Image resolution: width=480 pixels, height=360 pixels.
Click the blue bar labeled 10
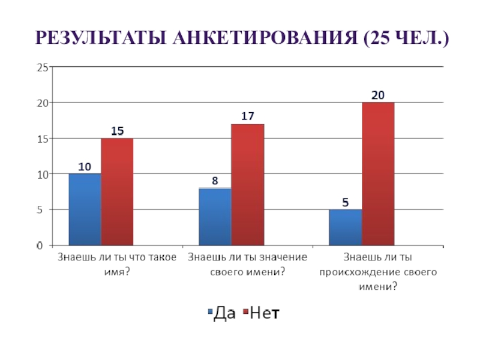[85, 209]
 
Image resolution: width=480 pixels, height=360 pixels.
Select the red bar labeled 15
[117, 191]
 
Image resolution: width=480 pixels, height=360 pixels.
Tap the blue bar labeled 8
[215, 217]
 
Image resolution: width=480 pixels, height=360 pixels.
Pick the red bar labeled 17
[247, 184]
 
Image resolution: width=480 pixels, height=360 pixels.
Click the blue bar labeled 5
[345, 227]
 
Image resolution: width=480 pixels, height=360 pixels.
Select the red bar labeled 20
[378, 174]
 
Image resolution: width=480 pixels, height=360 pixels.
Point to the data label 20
[378, 95]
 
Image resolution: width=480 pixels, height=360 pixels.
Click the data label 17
[248, 116]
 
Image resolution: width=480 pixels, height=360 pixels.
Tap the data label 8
[215, 180]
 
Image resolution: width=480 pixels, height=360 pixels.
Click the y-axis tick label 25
[42, 68]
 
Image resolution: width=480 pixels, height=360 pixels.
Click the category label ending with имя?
[117, 265]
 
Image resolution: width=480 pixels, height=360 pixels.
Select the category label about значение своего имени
[248, 265]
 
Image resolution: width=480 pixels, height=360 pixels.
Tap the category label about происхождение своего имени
[378, 272]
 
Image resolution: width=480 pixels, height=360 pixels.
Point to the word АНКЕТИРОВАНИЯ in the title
[261, 40]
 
